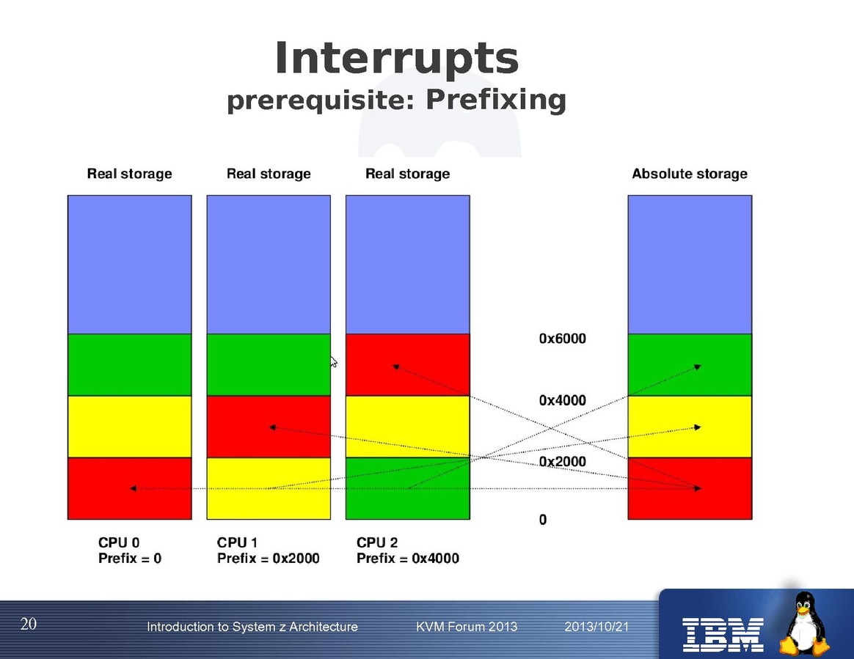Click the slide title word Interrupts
coord(396,58)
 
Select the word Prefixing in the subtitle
coord(496,100)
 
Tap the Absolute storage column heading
coord(690,174)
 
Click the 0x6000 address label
coord(563,339)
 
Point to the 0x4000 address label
coord(563,400)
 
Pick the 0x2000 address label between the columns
coord(563,462)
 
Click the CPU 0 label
coord(119,542)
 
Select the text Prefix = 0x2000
coord(268,559)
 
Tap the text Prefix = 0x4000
coord(407,559)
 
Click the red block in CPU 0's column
coord(130,489)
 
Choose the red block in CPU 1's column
coord(269,427)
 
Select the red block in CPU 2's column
coord(408,364)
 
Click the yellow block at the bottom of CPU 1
coord(269,489)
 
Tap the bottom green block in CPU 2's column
coord(408,489)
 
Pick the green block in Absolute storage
coord(690,364)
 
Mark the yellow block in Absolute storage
coord(690,427)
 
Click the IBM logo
coord(723,635)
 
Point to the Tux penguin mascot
coord(805,624)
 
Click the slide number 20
coord(29,624)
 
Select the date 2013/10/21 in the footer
coord(596,627)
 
